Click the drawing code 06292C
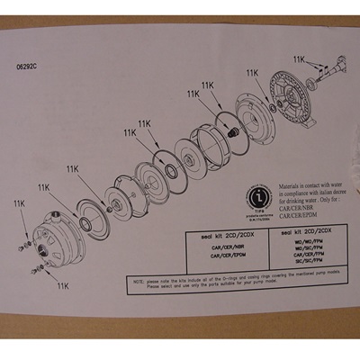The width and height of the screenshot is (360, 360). click(28, 66)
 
